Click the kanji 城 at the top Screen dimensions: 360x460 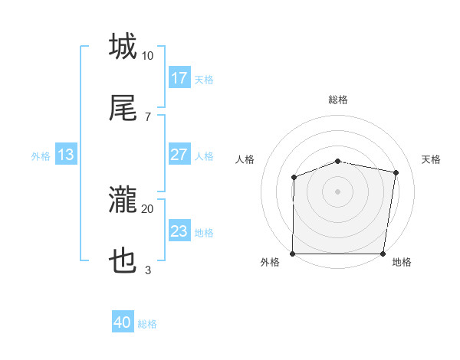[x=123, y=46]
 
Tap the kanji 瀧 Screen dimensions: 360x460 [x=123, y=201]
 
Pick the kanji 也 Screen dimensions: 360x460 [x=123, y=262]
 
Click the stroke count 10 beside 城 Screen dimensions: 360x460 [x=147, y=56]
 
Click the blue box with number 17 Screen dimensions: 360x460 [x=179, y=78]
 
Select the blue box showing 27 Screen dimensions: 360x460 [x=179, y=155]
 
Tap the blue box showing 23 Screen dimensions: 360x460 [x=179, y=231]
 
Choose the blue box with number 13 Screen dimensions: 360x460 [x=66, y=155]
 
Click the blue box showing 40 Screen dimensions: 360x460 [x=123, y=322]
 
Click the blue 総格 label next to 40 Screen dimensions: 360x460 [x=147, y=324]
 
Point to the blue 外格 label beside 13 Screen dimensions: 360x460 [x=41, y=156]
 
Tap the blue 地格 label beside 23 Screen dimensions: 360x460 [x=204, y=233]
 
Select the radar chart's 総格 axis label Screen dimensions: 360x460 [x=338, y=100]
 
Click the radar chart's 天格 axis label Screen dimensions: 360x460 [x=432, y=159]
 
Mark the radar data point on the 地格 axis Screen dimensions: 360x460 [x=384, y=254]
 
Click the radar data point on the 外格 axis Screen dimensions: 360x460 [x=293, y=254]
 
